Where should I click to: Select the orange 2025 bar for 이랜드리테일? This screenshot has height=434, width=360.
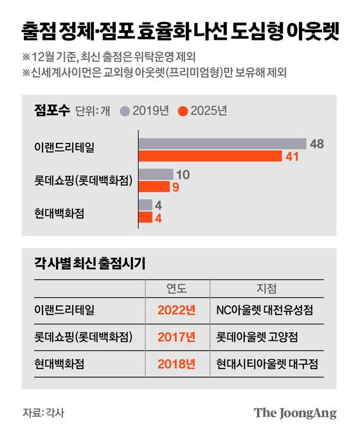click(x=209, y=156)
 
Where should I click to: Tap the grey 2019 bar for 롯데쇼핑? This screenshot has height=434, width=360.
click(x=154, y=174)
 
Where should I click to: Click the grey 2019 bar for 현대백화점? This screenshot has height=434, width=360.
click(x=144, y=205)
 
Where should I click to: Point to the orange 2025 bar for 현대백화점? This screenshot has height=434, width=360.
click(x=144, y=217)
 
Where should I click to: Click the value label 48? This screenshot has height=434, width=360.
click(x=316, y=143)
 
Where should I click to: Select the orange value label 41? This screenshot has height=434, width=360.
click(x=292, y=156)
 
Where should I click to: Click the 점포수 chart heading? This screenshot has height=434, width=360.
click(x=50, y=110)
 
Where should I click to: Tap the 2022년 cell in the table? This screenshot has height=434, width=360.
click(x=176, y=310)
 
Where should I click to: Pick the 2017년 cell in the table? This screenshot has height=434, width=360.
click(x=176, y=337)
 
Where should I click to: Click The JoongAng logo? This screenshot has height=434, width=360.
click(x=294, y=413)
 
